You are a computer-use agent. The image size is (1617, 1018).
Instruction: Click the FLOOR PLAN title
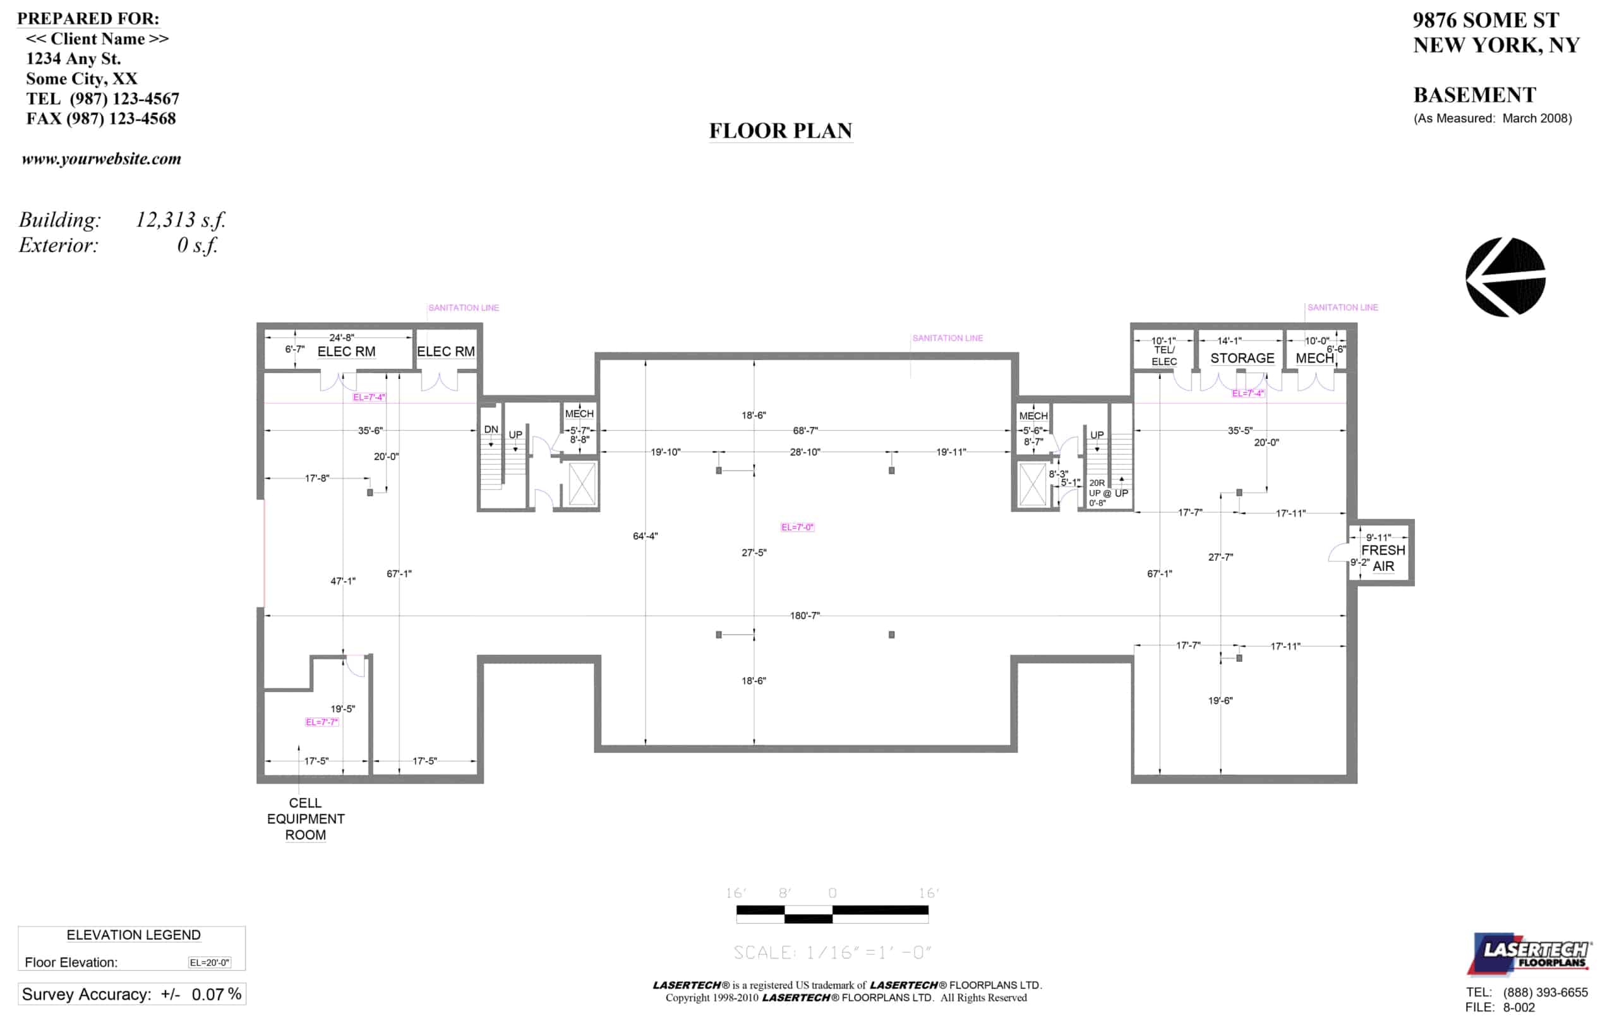(780, 130)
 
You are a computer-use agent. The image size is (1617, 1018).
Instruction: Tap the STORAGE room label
(1242, 358)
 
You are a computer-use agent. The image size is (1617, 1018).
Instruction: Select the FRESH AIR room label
(1383, 558)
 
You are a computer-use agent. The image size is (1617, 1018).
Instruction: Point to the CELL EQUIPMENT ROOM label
(306, 818)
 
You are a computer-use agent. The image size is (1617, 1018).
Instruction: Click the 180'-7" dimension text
(805, 615)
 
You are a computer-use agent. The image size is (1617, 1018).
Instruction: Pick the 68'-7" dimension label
(805, 431)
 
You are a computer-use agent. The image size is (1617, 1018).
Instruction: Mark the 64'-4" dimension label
(646, 536)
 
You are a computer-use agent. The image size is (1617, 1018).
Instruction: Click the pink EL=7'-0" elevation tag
(797, 527)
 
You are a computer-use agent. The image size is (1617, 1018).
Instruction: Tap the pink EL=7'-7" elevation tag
(322, 722)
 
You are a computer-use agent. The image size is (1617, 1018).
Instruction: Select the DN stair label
(491, 429)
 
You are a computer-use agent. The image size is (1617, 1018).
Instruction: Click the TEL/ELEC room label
(1163, 355)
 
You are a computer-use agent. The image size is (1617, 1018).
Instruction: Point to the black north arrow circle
(1505, 277)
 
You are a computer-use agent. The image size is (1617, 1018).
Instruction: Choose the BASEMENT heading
(1474, 95)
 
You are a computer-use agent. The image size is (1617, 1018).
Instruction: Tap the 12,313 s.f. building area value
(181, 220)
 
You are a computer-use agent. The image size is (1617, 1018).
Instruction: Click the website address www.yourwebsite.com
(102, 159)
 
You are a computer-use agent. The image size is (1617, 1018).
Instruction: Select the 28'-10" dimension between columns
(805, 452)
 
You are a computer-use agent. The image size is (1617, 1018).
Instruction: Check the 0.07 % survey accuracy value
(216, 994)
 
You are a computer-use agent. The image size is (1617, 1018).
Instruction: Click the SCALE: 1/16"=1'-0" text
(831, 952)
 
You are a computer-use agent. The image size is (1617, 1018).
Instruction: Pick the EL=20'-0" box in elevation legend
(210, 962)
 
